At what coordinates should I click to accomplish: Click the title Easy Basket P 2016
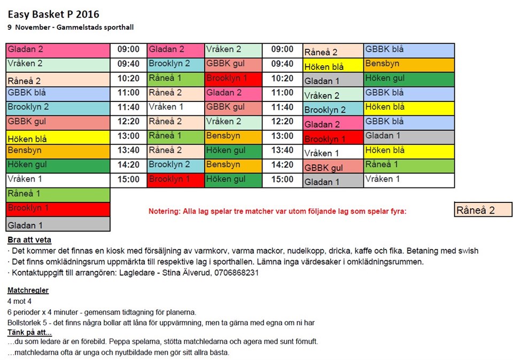pos(53,14)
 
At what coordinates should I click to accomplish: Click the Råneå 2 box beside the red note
pos(483,209)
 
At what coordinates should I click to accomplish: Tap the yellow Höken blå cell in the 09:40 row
pos(333,66)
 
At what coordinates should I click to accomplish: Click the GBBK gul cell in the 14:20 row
pos(333,167)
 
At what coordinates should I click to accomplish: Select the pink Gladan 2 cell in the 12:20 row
pos(333,124)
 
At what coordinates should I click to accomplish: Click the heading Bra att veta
pos(29,240)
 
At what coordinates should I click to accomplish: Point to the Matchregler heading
pos(28,291)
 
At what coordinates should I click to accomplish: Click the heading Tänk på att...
pos(29,333)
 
